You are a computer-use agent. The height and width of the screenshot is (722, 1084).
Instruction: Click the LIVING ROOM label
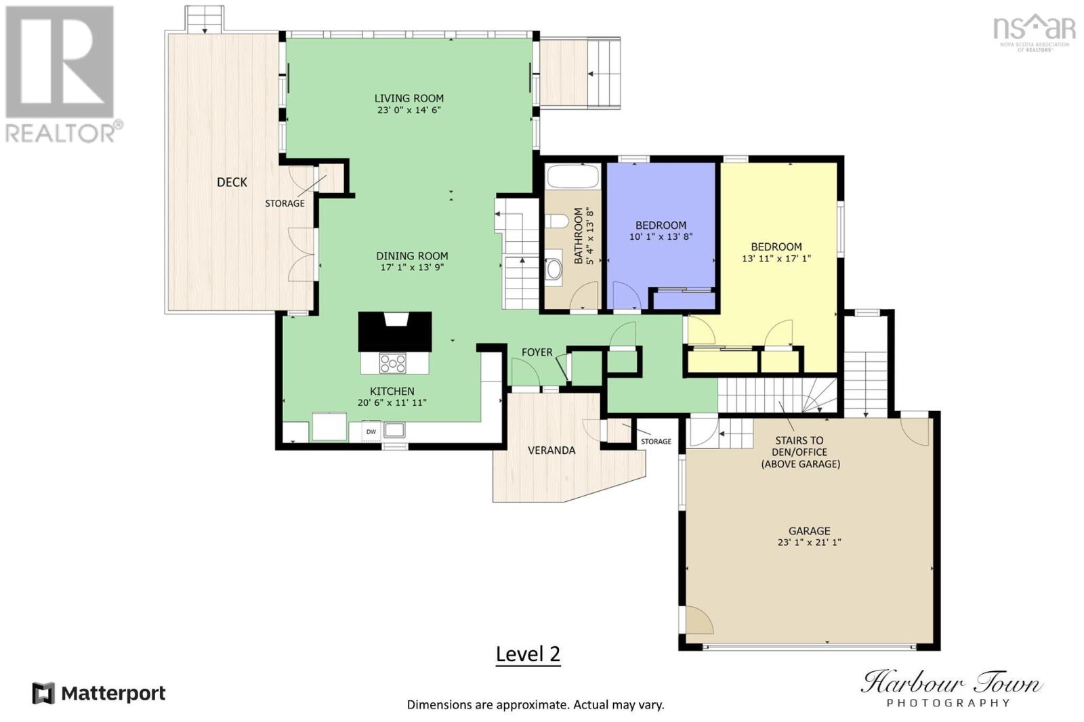pyautogui.click(x=409, y=98)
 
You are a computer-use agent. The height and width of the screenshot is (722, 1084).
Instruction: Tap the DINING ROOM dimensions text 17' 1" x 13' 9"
pyautogui.click(x=412, y=268)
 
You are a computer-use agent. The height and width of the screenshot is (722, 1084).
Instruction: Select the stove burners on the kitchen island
pyautogui.click(x=393, y=364)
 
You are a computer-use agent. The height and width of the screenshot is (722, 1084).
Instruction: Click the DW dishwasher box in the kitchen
pyautogui.click(x=371, y=431)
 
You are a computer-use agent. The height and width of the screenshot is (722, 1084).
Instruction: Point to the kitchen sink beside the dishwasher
pyautogui.click(x=394, y=430)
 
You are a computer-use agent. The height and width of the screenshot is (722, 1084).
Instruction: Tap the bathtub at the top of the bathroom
pyautogui.click(x=573, y=177)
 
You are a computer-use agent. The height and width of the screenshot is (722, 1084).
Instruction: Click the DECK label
pyautogui.click(x=232, y=182)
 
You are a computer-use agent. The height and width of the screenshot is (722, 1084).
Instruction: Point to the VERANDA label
pyautogui.click(x=551, y=450)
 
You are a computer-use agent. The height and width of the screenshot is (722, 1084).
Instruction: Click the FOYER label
pyautogui.click(x=537, y=352)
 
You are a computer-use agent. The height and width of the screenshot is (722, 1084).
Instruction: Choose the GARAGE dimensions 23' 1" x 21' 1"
pyautogui.click(x=809, y=543)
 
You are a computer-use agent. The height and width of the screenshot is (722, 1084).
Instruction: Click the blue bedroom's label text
pyautogui.click(x=661, y=225)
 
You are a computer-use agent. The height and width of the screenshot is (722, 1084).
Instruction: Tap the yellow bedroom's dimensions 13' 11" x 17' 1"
pyautogui.click(x=776, y=258)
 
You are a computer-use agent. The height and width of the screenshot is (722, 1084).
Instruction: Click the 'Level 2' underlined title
pyautogui.click(x=528, y=654)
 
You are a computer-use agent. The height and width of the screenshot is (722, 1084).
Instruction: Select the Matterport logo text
pyautogui.click(x=113, y=694)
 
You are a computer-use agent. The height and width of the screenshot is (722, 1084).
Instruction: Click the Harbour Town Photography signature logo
pyautogui.click(x=951, y=687)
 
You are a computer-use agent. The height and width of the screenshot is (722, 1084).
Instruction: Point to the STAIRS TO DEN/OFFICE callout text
pyautogui.click(x=800, y=452)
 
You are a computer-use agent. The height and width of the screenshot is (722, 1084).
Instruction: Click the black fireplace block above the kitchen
pyautogui.click(x=395, y=331)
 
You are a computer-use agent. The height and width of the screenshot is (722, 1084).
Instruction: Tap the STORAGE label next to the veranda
pyautogui.click(x=656, y=442)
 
